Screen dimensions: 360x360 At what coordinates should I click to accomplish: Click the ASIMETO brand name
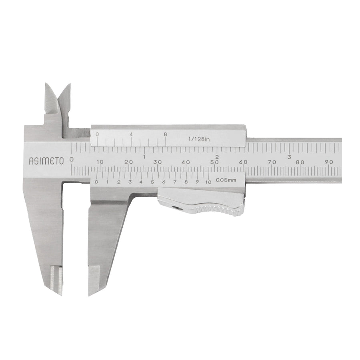pos(46,161)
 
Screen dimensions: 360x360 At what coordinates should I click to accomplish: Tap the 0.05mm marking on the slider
pos(226,180)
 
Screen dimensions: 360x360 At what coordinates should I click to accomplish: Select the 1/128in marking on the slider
pos(199,139)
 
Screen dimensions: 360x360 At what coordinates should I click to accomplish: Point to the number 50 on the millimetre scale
pos(214,162)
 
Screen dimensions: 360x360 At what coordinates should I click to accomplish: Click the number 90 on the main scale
pos(329,162)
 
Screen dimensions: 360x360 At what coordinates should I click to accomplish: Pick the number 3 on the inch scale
pos(289,157)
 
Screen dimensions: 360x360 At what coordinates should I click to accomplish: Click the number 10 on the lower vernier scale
pos(208,182)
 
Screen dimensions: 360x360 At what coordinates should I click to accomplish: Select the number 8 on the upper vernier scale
pos(165,134)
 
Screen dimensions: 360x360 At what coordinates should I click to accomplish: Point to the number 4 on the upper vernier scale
pos(131,134)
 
